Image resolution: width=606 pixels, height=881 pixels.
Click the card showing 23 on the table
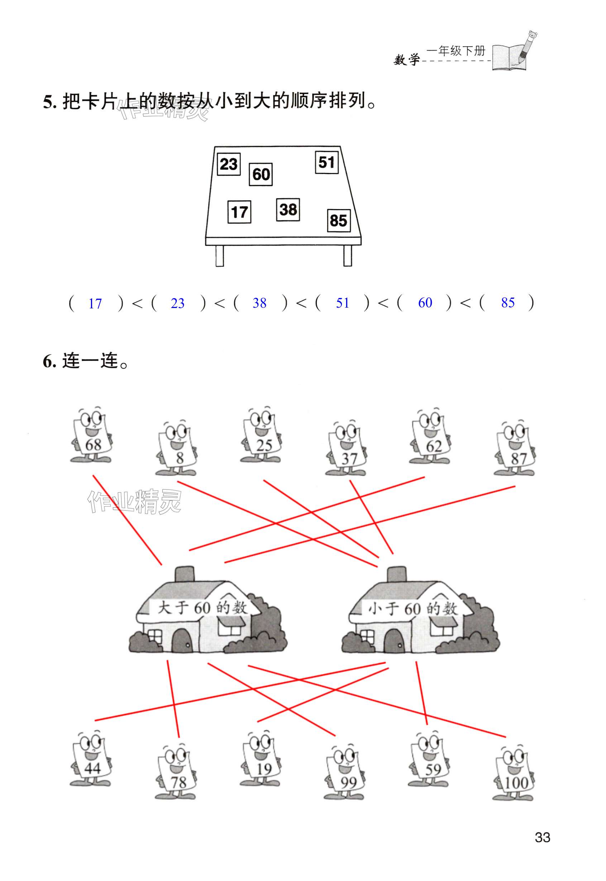(x=229, y=164)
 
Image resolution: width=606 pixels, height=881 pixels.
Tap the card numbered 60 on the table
(x=261, y=174)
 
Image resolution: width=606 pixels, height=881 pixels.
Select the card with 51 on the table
(x=326, y=162)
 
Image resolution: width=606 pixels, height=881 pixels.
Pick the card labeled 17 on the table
(x=239, y=212)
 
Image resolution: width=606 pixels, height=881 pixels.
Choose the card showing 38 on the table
(x=288, y=210)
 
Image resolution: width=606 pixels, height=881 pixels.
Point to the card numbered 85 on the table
(x=338, y=221)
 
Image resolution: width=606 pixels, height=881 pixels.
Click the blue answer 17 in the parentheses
(x=95, y=304)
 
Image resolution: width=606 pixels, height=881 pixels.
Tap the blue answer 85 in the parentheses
(x=508, y=303)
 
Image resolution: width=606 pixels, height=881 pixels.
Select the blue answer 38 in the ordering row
(x=259, y=303)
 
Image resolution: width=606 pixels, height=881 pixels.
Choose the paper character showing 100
(x=514, y=774)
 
